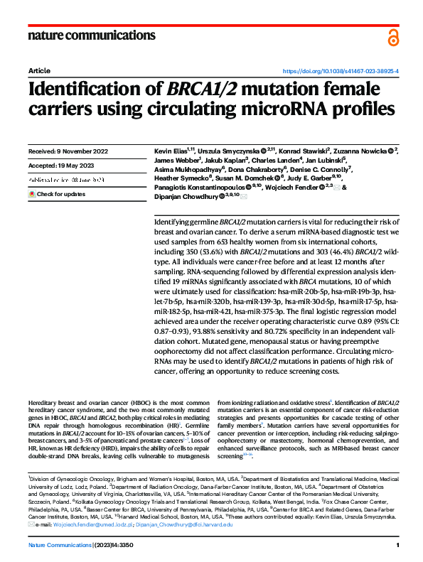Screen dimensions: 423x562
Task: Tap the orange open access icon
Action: point(393,37)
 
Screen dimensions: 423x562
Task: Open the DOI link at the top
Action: point(341,72)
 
